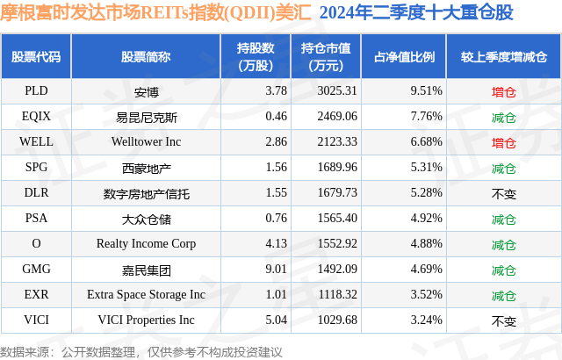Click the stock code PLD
point(36,90)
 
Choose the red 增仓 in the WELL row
point(503,141)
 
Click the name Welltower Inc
point(147,141)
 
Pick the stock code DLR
point(36,192)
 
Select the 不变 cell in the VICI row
point(503,320)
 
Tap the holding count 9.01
point(252,270)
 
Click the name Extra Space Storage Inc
point(147,295)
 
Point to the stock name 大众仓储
point(147,218)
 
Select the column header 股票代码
point(36,56)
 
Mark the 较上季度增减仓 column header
point(503,56)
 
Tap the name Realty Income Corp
point(147,243)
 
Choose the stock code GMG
point(36,270)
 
